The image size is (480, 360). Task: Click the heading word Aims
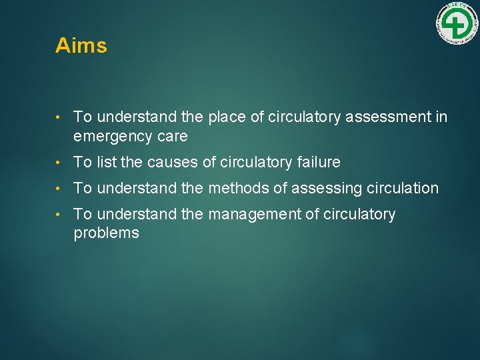click(81, 45)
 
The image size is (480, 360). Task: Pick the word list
click(107, 162)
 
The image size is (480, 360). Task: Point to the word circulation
click(403, 189)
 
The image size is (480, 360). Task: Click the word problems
click(106, 233)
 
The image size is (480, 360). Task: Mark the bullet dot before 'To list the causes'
click(60, 163)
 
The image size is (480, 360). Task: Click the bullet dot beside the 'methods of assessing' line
click(60, 189)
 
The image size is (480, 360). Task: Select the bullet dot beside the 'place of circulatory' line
click(60, 118)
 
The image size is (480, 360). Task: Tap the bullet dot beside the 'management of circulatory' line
click(60, 215)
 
